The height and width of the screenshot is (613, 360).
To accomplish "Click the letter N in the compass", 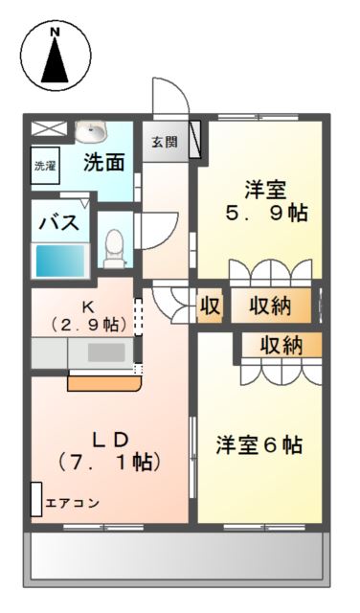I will click(x=55, y=33).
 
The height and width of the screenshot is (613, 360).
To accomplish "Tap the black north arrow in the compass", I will click(x=56, y=61).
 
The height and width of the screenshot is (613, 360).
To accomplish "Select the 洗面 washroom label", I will click(x=102, y=162).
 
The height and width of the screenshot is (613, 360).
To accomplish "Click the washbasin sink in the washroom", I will click(x=93, y=131).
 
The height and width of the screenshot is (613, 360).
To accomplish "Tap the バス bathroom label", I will click(x=58, y=222).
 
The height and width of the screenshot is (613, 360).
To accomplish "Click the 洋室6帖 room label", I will click(x=259, y=444).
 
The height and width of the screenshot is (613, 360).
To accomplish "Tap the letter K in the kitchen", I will click(x=86, y=307).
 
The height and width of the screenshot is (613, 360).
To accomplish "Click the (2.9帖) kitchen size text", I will click(x=88, y=325).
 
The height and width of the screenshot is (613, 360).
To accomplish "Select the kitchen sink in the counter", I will click(x=104, y=352).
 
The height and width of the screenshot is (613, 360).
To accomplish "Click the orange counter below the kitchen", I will click(x=103, y=383).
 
